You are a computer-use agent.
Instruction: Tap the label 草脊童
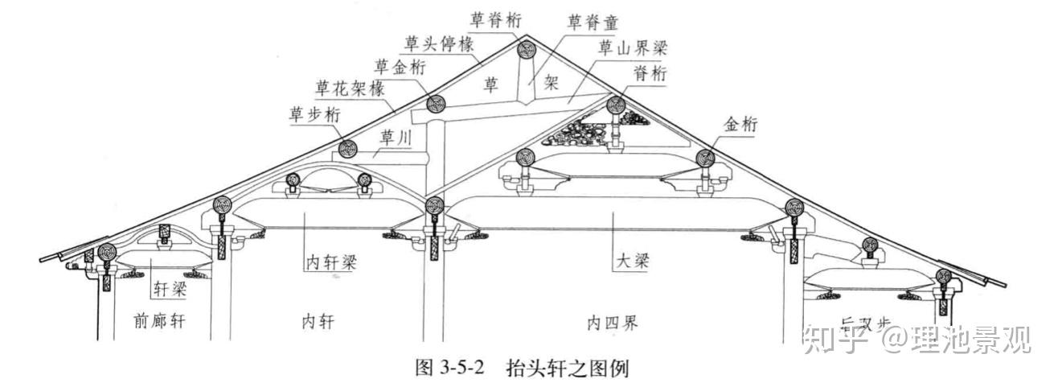[x=594, y=20]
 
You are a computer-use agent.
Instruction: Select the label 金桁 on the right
[x=741, y=124]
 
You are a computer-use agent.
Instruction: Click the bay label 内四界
[x=613, y=323]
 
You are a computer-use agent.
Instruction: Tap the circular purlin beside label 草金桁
[x=436, y=104]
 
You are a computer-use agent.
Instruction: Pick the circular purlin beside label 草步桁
[x=348, y=149]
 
